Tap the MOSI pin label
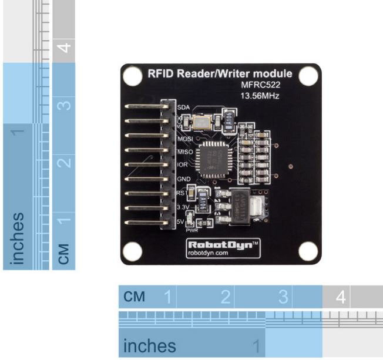[185, 139]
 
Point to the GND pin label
[184, 179]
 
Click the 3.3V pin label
[183, 207]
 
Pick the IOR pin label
[183, 165]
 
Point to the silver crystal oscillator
[201, 122]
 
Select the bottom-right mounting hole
[307, 250]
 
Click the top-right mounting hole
[307, 76]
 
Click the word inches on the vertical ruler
[18, 238]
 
